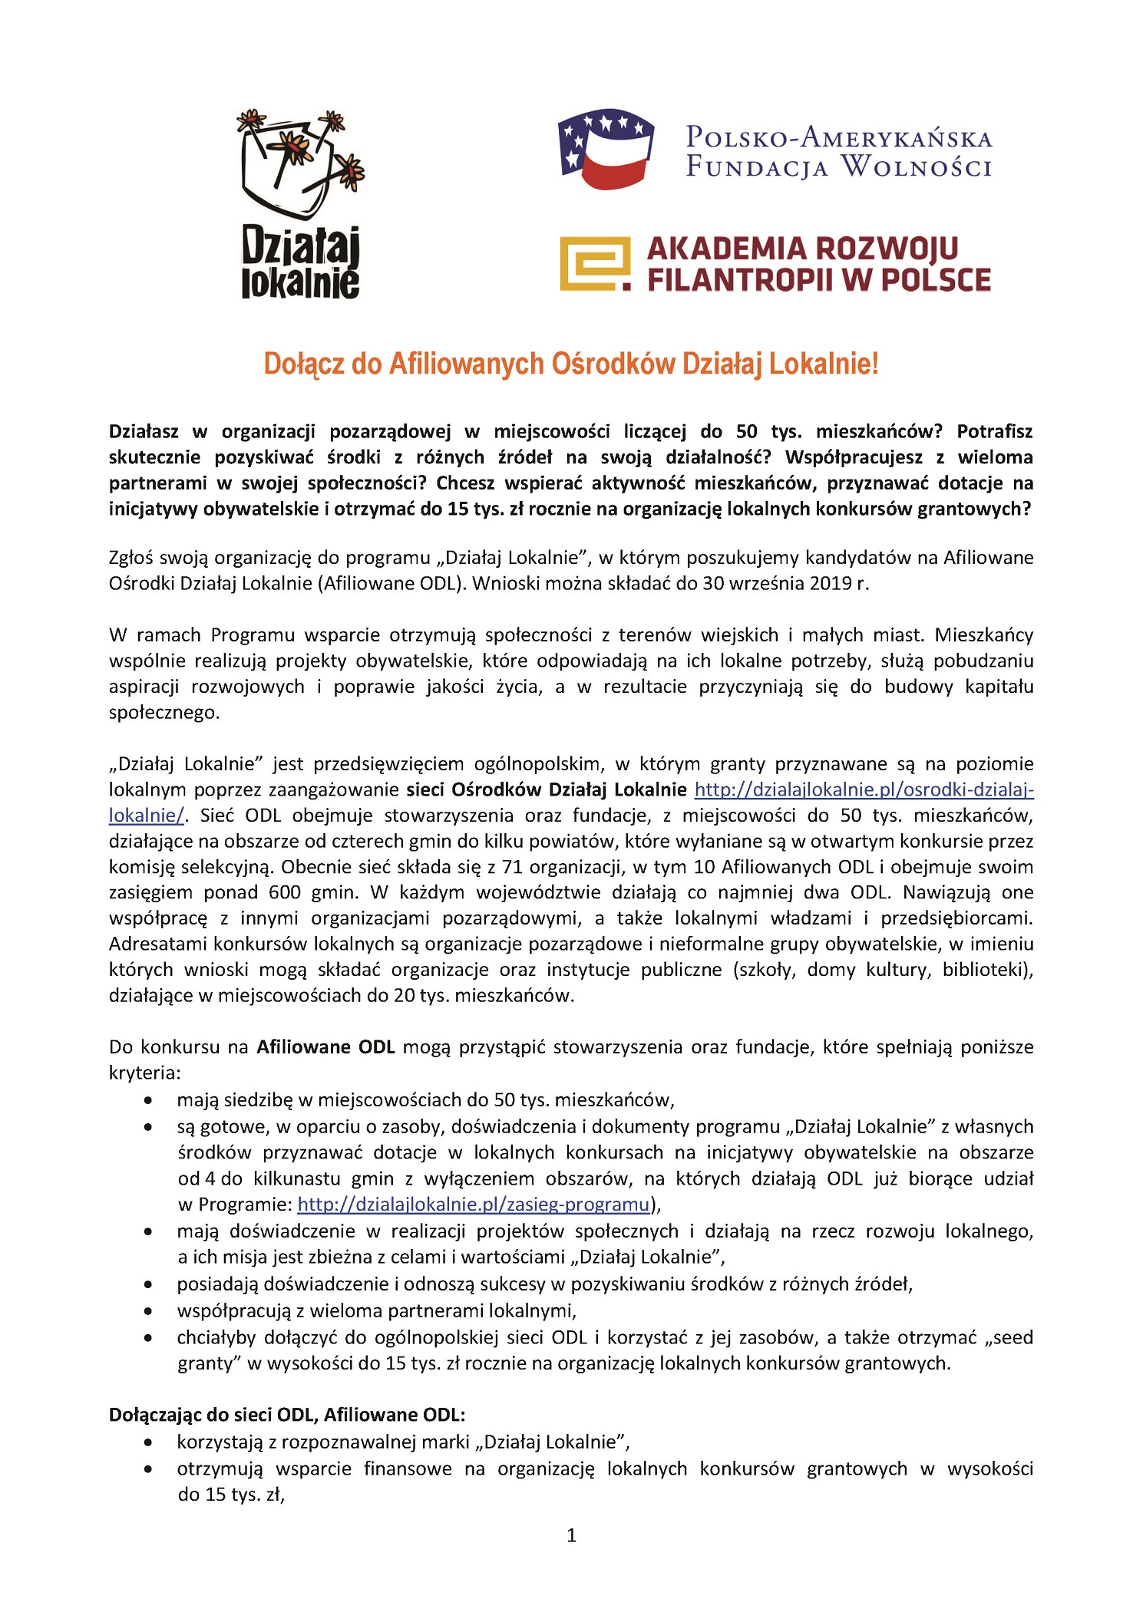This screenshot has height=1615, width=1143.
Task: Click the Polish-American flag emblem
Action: (606, 149)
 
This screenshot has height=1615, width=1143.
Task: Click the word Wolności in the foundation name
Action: (915, 166)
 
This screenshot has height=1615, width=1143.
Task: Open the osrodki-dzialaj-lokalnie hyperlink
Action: (864, 789)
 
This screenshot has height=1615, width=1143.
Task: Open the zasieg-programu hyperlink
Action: (474, 1204)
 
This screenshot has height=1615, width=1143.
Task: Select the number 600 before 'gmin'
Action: (285, 892)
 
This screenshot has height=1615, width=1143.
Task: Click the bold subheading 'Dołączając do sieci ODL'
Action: (287, 1414)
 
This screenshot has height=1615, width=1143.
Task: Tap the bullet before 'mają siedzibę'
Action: (148, 1101)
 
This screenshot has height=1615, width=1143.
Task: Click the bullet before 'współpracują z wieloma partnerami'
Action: (148, 1311)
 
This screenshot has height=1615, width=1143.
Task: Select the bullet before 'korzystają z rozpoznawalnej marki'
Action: (148, 1442)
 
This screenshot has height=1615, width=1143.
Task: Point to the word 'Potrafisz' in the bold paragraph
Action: (995, 431)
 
